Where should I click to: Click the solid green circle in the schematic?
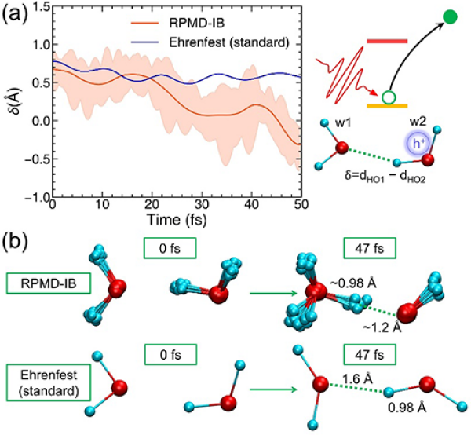pyautogui.click(x=450, y=16)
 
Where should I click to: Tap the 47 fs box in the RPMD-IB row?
pyautogui.click(x=365, y=254)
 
